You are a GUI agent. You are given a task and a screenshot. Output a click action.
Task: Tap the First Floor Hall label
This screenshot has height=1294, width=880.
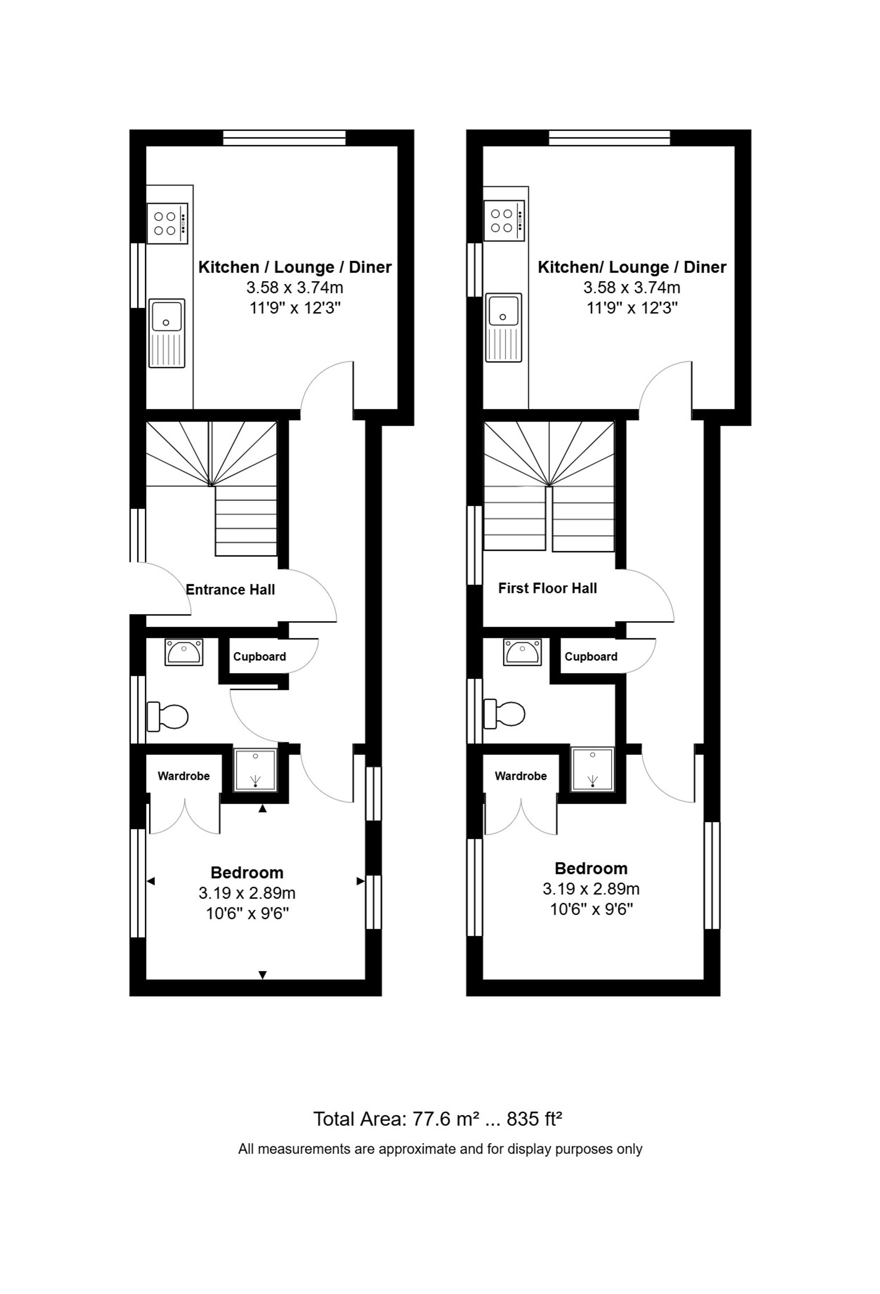tap(547, 588)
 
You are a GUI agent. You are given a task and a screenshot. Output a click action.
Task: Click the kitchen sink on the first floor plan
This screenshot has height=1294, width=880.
tap(503, 328)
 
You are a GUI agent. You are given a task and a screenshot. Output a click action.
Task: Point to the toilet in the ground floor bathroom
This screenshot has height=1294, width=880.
tap(168, 717)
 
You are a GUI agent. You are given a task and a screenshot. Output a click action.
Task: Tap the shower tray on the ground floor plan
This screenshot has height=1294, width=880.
tap(256, 770)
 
